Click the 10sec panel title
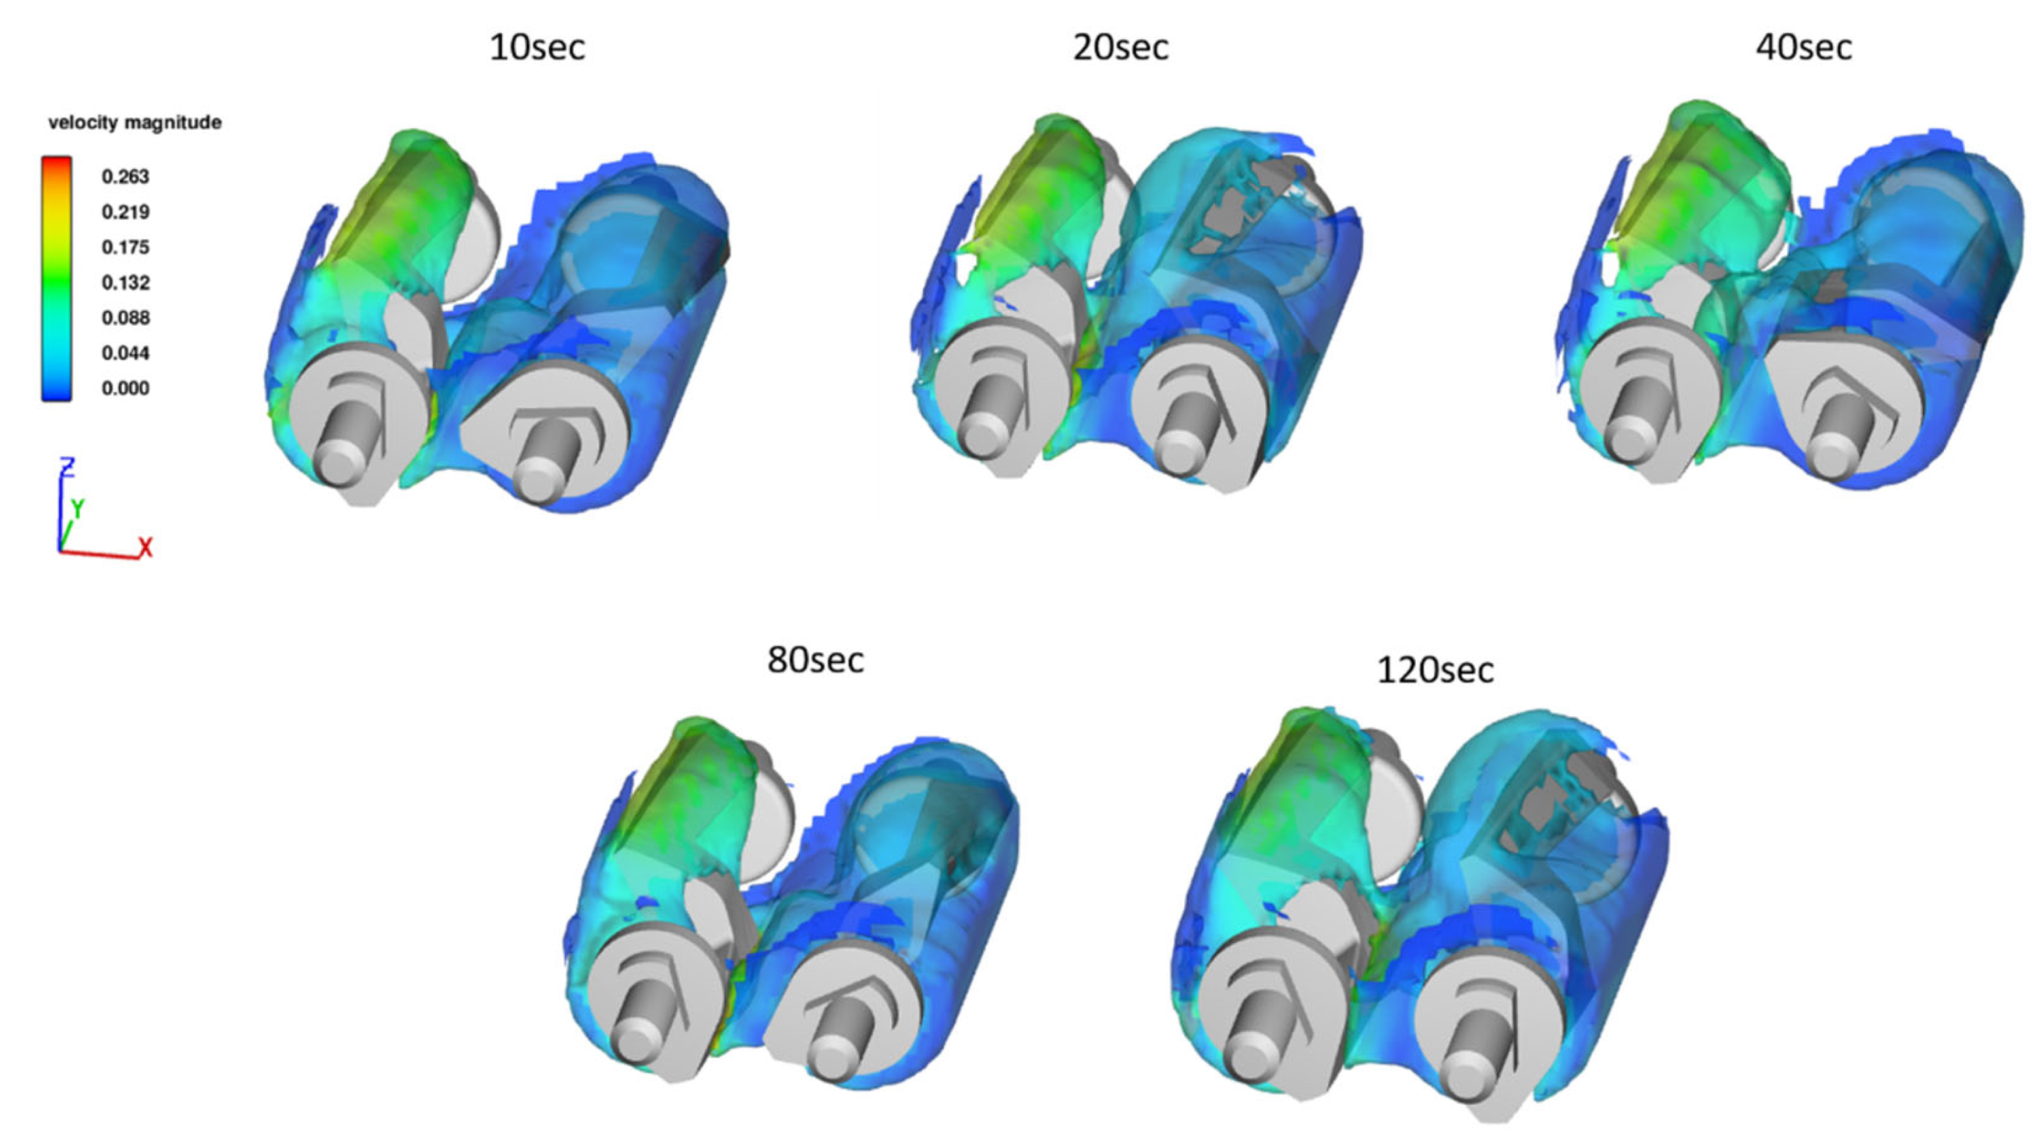coord(537,47)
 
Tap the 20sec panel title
coord(1121,47)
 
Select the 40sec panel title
coord(1804,47)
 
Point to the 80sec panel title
coord(816,660)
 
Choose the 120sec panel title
coord(1435,670)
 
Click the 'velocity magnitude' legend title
coord(135,122)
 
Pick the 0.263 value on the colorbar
coord(126,176)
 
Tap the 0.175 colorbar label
coord(126,247)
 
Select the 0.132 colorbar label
coord(126,282)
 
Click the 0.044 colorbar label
coord(126,353)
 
